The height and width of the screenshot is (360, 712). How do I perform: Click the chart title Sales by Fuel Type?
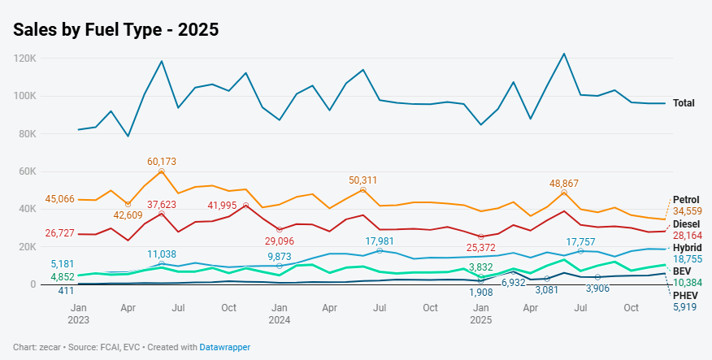coord(116,29)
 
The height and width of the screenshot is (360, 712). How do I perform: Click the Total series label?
coord(684,103)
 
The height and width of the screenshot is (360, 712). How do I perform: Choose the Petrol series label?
coord(686,200)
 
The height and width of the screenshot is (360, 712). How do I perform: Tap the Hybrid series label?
coord(687,247)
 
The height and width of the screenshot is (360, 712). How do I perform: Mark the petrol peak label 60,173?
coord(162,161)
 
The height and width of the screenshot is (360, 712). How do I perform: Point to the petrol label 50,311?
coord(363,180)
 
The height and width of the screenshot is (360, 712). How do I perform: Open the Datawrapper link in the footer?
coord(225,347)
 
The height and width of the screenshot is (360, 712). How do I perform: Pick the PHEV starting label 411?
coord(67,290)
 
